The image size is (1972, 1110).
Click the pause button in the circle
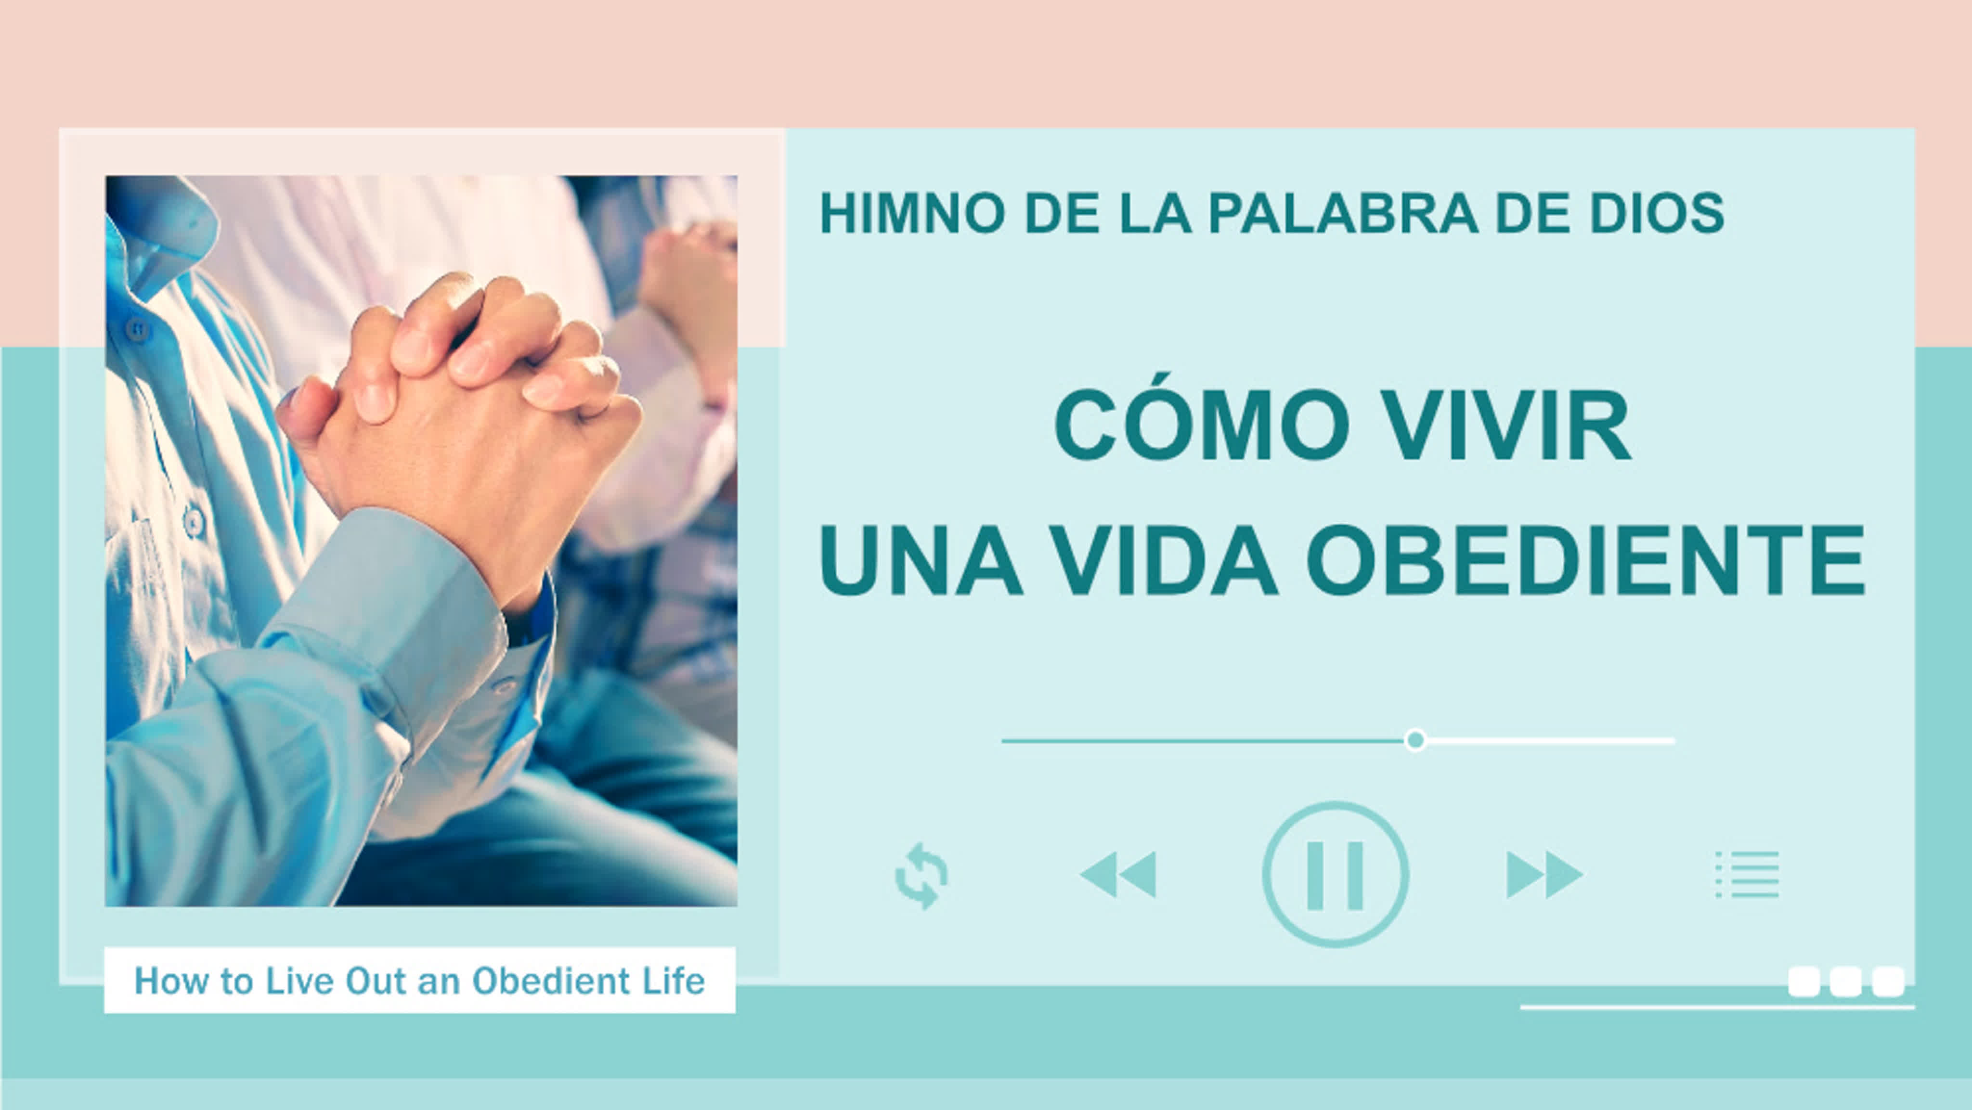click(x=1335, y=874)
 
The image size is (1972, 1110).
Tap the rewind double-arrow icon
click(x=1117, y=874)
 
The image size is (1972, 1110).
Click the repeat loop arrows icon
click(x=921, y=876)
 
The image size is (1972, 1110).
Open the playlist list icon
click(x=1748, y=874)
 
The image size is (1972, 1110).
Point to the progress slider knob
click(x=1415, y=740)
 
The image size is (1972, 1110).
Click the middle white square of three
click(x=1846, y=981)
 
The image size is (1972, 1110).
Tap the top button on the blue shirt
click(x=137, y=330)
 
